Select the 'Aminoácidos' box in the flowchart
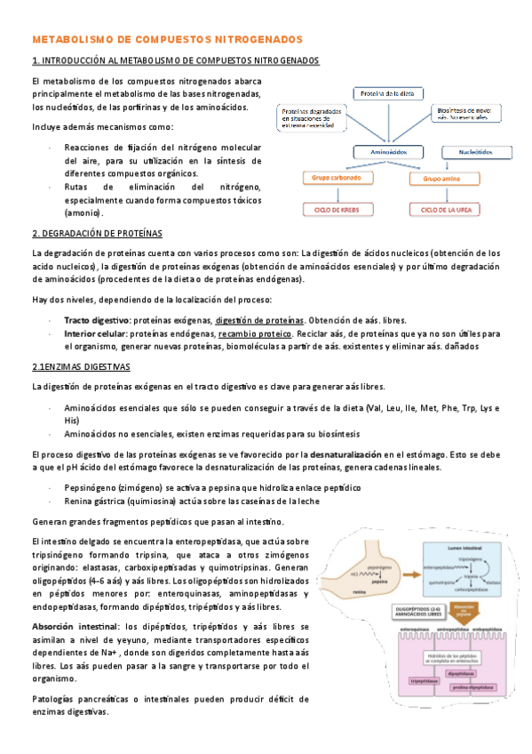tap(385, 152)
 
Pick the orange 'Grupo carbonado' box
tap(330, 179)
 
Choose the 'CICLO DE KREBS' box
tap(330, 210)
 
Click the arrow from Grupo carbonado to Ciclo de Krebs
tap(330, 195)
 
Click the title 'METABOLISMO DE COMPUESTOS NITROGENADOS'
tap(167, 40)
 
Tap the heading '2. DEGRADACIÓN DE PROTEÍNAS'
tap(97, 233)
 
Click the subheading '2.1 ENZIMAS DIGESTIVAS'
tap(81, 366)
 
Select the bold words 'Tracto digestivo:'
tap(97, 319)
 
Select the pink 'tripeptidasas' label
tap(403, 681)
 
